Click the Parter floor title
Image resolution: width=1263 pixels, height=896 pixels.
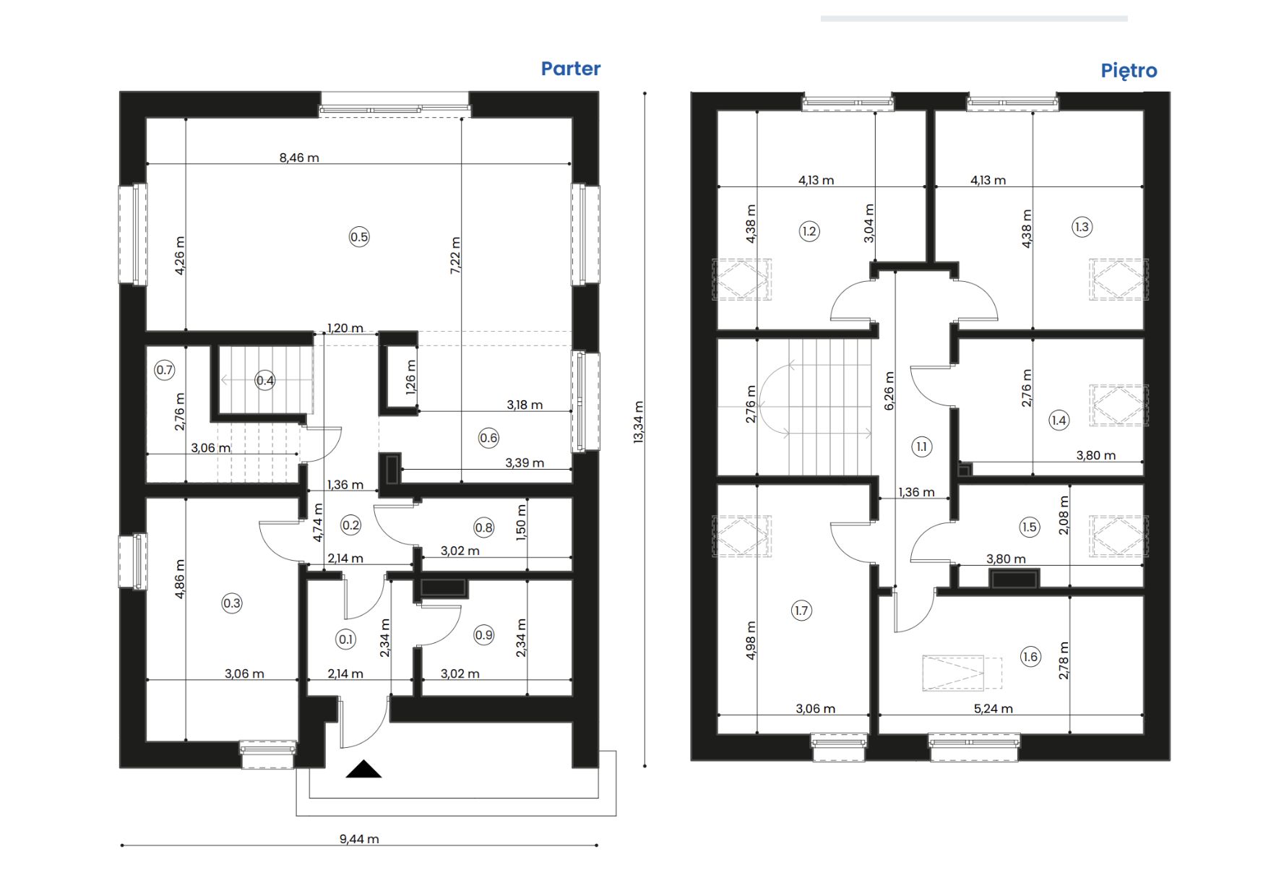(x=571, y=69)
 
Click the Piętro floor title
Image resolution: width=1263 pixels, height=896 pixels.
(x=1129, y=71)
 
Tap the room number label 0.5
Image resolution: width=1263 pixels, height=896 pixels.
(x=359, y=237)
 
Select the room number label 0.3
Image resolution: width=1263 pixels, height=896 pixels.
(x=232, y=603)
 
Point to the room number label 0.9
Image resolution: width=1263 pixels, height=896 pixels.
(x=483, y=635)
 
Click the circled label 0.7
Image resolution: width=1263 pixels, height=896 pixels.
(x=165, y=371)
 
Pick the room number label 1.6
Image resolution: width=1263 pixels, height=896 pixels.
(x=1030, y=657)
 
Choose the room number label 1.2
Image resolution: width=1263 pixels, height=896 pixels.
(x=809, y=231)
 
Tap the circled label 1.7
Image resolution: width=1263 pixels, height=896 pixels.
(x=801, y=611)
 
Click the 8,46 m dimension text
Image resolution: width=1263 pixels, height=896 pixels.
(x=299, y=158)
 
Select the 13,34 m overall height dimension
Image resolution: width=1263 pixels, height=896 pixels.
(x=638, y=422)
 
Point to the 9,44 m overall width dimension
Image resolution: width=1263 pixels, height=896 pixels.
(x=359, y=839)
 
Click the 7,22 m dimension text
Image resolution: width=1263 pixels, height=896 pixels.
(x=455, y=255)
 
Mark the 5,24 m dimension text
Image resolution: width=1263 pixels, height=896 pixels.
(x=993, y=709)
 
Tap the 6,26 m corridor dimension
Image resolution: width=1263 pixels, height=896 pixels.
(x=889, y=391)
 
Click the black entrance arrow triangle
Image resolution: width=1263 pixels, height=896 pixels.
(x=363, y=770)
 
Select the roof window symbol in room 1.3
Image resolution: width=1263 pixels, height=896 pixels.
(x=1118, y=279)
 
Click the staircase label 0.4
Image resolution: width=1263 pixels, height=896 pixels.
(x=265, y=381)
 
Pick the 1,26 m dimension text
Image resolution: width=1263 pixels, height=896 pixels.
(x=411, y=377)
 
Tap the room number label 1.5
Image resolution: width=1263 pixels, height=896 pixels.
(x=1030, y=527)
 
